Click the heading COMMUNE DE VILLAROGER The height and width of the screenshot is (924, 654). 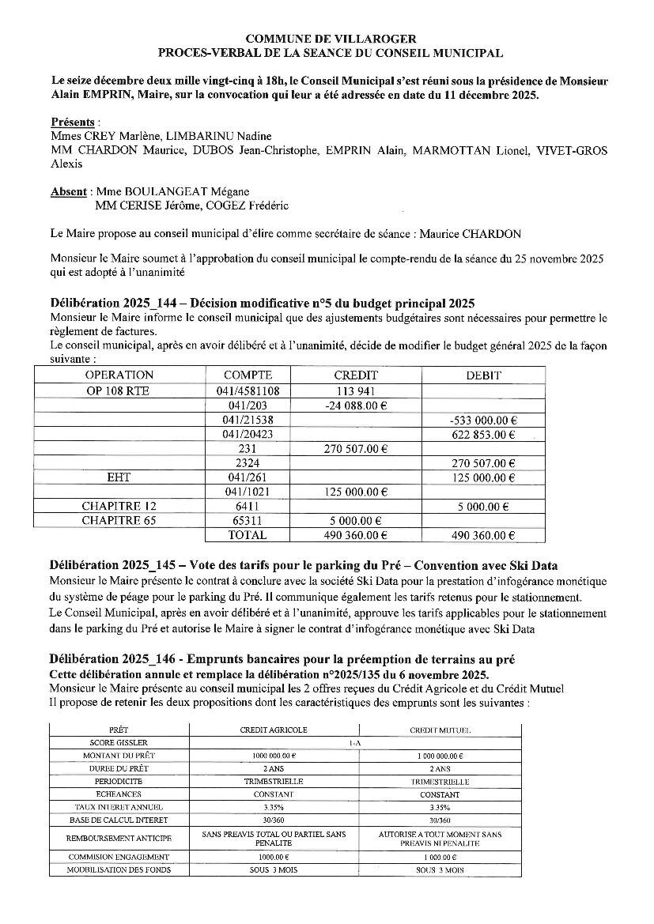pyautogui.click(x=331, y=38)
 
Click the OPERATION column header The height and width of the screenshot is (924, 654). pyautogui.click(x=119, y=375)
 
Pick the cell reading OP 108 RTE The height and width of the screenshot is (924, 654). pyautogui.click(x=119, y=390)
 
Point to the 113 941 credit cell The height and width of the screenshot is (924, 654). pyautogui.click(x=356, y=390)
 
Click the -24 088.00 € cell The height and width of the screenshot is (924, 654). pyautogui.click(x=356, y=405)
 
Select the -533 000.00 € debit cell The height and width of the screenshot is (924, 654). pyautogui.click(x=482, y=420)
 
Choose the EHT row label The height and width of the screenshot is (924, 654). pyautogui.click(x=119, y=477)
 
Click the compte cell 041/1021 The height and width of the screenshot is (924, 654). pyautogui.click(x=248, y=492)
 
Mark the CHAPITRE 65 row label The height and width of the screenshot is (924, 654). pyautogui.click(x=119, y=521)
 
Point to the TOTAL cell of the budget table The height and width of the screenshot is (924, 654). pyautogui.click(x=248, y=535)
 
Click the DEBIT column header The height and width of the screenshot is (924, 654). pyautogui.click(x=484, y=375)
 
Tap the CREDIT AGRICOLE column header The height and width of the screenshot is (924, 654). pyautogui.click(x=274, y=730)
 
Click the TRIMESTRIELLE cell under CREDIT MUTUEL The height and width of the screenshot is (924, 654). pyautogui.click(x=440, y=781)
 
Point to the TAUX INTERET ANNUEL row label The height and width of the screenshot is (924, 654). pyautogui.click(x=119, y=807)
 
